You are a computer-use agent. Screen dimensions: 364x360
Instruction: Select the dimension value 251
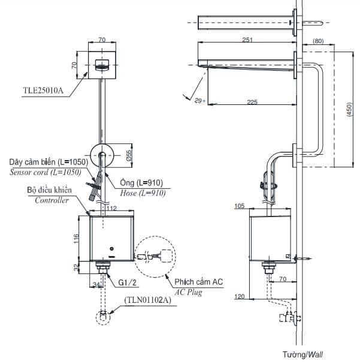coord(247,39)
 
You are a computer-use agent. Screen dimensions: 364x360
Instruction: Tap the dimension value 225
coord(252,102)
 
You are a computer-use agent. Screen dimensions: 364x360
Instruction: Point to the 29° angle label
coord(200,101)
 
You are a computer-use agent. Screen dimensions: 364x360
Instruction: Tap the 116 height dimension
coord(76,239)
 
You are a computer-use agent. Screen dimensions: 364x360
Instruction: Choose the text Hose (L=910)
coord(142,193)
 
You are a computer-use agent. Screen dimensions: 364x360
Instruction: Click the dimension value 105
coord(240,207)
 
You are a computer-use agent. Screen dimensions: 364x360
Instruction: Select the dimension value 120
coord(240,296)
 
